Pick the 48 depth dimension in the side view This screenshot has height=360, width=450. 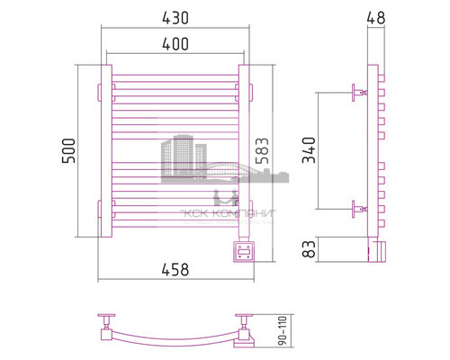pos(374,17)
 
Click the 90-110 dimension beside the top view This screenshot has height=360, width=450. pos(286,332)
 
